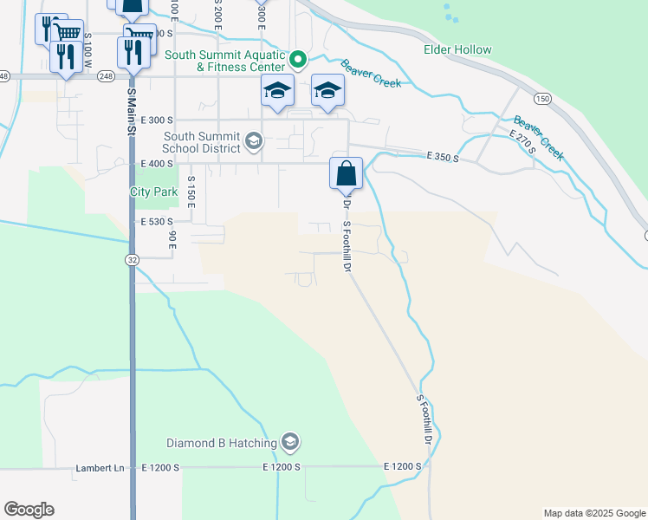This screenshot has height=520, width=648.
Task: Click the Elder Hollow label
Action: coord(457,50)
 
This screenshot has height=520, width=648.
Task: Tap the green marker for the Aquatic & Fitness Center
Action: coord(298,60)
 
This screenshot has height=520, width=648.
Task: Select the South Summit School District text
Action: coord(189,141)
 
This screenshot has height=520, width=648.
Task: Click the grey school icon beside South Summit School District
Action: coord(254,140)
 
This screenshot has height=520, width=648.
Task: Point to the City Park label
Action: coord(153,192)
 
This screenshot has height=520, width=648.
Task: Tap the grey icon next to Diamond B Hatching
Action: coord(290,444)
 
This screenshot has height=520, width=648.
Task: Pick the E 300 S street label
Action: coord(157,120)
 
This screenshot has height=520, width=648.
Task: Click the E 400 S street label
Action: coord(157,163)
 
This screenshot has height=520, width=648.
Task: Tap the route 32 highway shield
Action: coord(132,259)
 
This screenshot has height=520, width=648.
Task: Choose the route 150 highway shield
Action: coord(542,99)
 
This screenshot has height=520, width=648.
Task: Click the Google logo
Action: coord(29,510)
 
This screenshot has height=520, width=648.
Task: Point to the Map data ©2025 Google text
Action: coord(594,513)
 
